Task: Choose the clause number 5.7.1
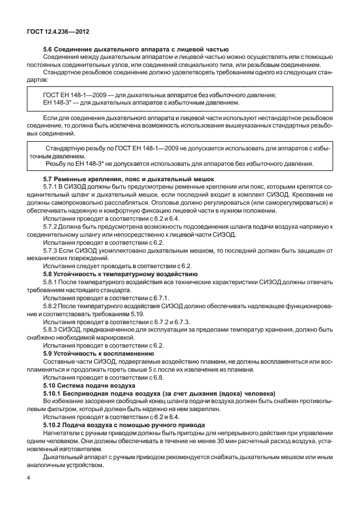51,187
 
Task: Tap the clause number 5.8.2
51,306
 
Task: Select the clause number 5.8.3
51,330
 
